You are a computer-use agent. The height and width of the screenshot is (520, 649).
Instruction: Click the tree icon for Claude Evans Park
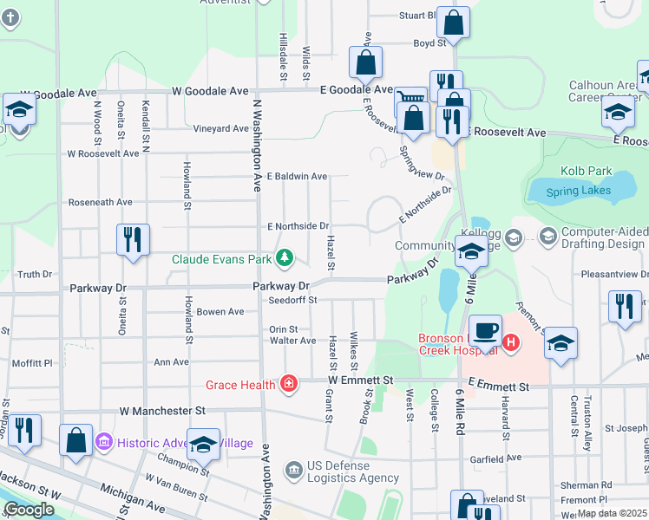283,257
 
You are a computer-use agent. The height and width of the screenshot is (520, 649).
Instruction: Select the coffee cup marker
486,331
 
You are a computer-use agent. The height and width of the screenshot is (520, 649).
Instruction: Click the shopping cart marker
410,100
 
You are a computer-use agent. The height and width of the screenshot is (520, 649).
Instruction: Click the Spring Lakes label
580,191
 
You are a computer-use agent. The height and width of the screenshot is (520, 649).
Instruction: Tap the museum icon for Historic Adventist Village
103,443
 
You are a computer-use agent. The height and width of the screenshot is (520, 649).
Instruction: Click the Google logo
29,510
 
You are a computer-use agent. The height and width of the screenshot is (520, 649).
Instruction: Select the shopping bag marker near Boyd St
453,23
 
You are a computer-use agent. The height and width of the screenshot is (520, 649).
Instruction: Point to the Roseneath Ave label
101,202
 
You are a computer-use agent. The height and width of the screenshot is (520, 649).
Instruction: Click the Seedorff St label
292,300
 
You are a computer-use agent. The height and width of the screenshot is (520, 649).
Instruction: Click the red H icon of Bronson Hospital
511,342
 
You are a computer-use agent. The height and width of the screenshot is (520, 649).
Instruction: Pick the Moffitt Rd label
33,363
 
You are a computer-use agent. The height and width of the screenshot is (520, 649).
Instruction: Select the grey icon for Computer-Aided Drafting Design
547,235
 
